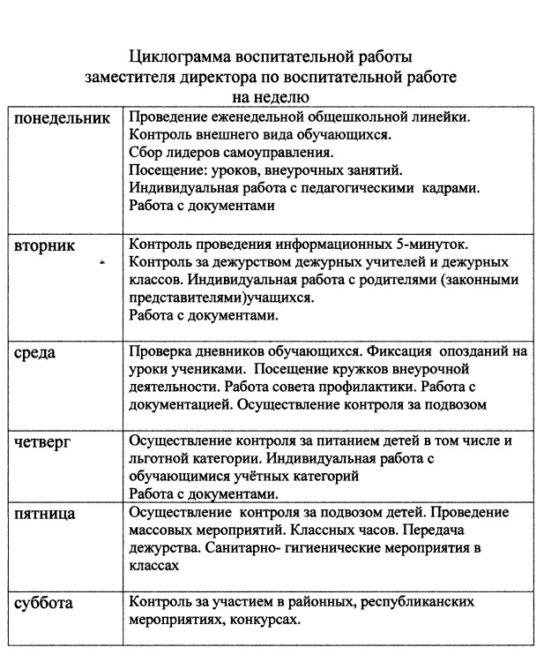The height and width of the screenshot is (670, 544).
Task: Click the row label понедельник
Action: [x=64, y=119]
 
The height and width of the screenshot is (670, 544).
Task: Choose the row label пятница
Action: [x=48, y=515]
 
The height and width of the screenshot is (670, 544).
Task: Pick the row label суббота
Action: [x=44, y=604]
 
